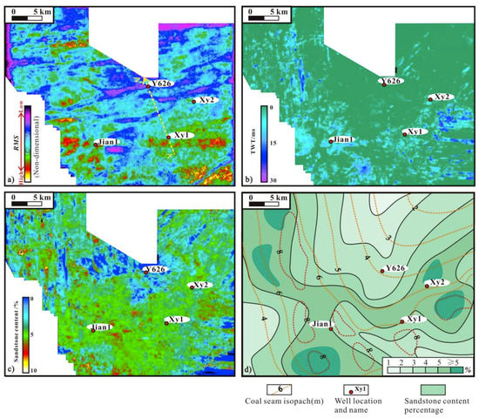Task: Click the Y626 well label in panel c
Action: tap(155, 270)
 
